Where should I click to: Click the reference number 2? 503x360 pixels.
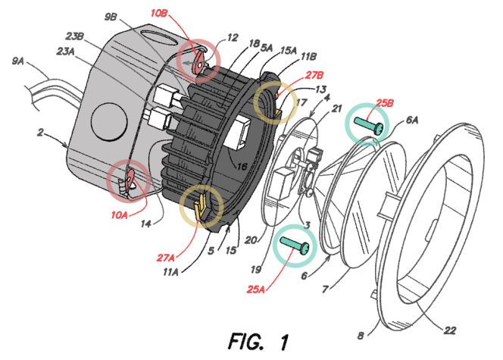tap(39, 134)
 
